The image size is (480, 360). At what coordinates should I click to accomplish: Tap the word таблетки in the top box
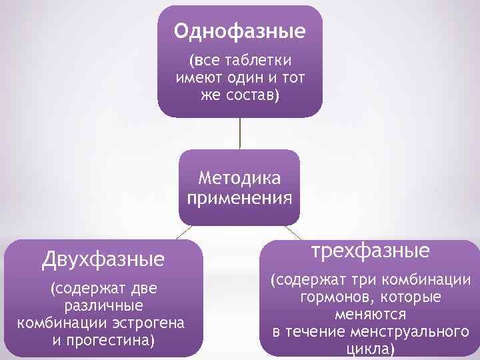(x=263, y=62)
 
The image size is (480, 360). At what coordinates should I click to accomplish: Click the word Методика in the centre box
(x=240, y=179)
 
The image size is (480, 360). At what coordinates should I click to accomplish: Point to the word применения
(x=240, y=198)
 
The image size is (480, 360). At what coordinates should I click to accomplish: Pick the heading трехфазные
(x=371, y=251)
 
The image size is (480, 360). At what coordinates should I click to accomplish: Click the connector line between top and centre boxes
(x=240, y=133)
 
